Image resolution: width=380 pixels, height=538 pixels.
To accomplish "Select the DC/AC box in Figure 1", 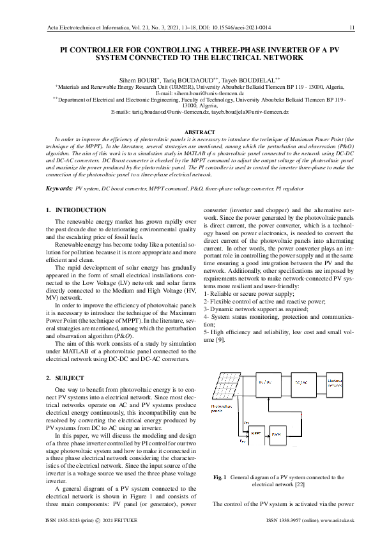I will coord(301,383).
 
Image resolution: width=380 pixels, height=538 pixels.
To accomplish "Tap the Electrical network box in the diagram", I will coord(335,383).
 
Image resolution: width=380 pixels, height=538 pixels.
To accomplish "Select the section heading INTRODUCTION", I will coord(80,210).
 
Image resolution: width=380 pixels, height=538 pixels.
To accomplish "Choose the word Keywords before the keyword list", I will coord(59,189).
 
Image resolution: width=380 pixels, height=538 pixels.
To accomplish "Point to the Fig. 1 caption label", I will coord(220,477).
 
